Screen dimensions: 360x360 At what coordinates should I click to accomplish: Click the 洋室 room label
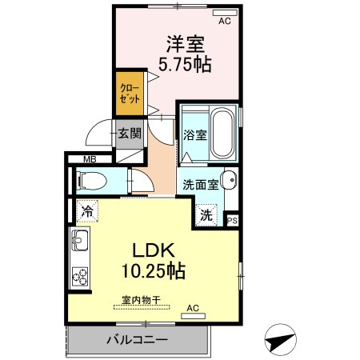(x=186, y=44)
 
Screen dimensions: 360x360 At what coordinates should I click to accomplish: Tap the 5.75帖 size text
(x=185, y=64)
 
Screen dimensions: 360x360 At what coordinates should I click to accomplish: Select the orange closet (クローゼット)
(x=130, y=94)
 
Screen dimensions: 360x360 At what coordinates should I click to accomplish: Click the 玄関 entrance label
(x=130, y=133)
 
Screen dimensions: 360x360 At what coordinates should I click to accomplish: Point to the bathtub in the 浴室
(x=222, y=133)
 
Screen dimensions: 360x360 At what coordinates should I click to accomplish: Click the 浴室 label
(x=195, y=135)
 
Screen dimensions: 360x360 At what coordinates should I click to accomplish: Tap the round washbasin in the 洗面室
(x=229, y=180)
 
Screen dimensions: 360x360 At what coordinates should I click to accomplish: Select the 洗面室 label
(x=201, y=185)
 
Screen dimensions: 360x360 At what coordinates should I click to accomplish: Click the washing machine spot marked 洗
(x=206, y=215)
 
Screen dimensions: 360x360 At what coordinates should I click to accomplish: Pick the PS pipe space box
(x=232, y=221)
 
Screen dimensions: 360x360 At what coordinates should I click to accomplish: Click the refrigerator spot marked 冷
(x=87, y=211)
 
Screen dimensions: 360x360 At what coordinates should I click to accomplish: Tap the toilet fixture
(x=91, y=181)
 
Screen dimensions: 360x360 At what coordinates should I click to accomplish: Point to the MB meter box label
(x=90, y=159)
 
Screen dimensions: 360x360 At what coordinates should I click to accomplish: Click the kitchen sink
(x=80, y=240)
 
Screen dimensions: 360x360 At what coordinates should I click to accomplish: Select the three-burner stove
(x=80, y=277)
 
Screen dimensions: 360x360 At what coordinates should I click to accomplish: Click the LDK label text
(x=154, y=250)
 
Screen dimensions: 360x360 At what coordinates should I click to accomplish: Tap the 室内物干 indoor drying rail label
(x=142, y=300)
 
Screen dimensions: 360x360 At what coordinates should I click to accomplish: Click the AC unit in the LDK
(x=193, y=316)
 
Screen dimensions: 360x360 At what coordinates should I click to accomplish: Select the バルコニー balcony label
(x=138, y=339)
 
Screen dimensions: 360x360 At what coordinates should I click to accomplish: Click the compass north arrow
(x=281, y=339)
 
